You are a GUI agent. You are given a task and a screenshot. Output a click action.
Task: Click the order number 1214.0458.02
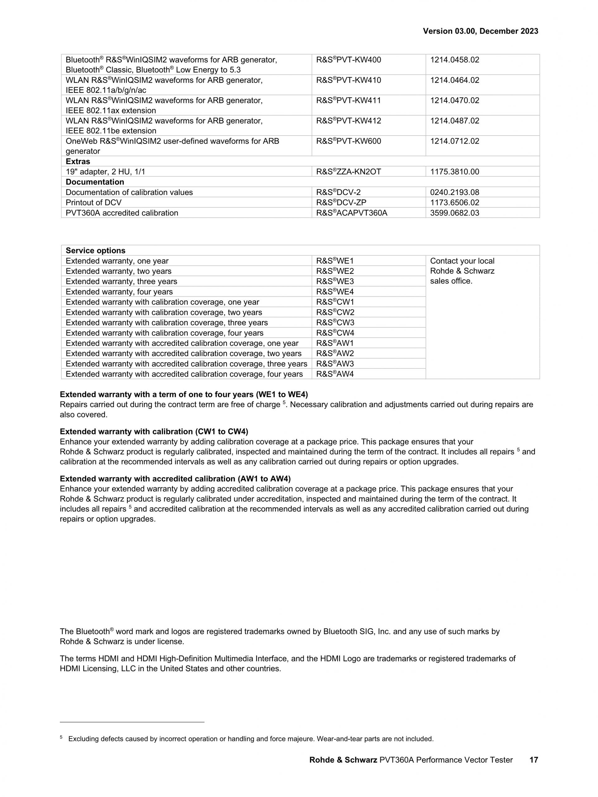pyautogui.click(x=455, y=60)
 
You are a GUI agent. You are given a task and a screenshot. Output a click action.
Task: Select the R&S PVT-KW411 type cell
pyautogui.click(x=348, y=101)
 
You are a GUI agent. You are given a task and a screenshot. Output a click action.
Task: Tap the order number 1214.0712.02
pyautogui.click(x=455, y=141)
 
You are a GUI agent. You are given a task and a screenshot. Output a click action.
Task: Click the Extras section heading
pyautogui.click(x=78, y=161)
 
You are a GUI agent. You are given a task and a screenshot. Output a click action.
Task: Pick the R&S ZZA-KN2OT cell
pyautogui.click(x=348, y=172)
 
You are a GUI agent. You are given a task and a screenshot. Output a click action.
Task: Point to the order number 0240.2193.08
pyautogui.click(x=455, y=192)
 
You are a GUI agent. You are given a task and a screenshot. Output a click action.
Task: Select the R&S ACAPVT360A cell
pyautogui.click(x=352, y=213)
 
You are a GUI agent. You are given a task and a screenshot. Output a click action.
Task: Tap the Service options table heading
pyautogui.click(x=96, y=251)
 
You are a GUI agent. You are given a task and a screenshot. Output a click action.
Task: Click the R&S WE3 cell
pyautogui.click(x=335, y=282)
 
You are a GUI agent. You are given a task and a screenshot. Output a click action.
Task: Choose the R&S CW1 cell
pyautogui.click(x=335, y=302)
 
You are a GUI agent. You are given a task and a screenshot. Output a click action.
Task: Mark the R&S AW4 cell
pyautogui.click(x=335, y=374)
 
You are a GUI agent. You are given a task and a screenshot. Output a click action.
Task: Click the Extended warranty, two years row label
pyautogui.click(x=119, y=271)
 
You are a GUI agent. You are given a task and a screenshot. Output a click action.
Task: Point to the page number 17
pyautogui.click(x=534, y=760)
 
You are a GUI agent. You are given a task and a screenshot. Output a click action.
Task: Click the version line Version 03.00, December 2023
pyautogui.click(x=480, y=31)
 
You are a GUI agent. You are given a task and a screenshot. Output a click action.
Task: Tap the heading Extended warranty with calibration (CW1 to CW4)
pyautogui.click(x=154, y=432)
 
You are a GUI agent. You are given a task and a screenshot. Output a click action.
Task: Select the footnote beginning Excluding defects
pyautogui.click(x=251, y=739)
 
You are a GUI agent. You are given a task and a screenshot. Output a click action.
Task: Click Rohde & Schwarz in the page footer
pyautogui.click(x=343, y=760)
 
